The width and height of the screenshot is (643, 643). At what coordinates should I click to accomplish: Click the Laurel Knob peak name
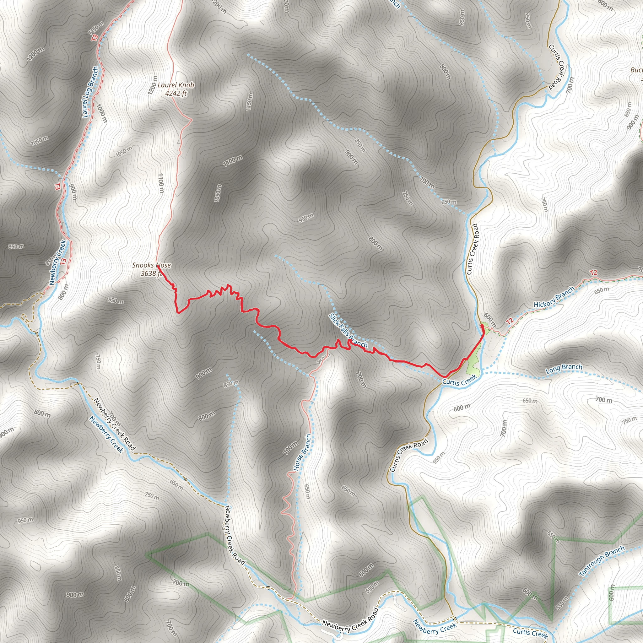point(176,85)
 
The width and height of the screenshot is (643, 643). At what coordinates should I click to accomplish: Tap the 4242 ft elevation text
point(176,93)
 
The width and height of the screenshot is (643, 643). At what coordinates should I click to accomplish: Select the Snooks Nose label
point(151,265)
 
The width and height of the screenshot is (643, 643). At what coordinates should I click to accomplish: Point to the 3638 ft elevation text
point(151,273)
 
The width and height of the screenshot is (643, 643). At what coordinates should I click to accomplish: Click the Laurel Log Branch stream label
point(90,92)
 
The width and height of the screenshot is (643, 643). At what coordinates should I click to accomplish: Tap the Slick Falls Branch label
point(348,331)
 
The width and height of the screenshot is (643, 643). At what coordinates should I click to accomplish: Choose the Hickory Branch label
point(554,297)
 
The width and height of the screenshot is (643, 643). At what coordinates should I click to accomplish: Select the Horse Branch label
point(302,453)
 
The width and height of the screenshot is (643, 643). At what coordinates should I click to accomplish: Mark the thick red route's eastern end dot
point(482,326)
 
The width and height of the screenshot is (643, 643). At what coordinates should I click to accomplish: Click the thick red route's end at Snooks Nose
point(157,266)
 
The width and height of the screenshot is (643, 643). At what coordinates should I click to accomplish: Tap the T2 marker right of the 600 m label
point(509,321)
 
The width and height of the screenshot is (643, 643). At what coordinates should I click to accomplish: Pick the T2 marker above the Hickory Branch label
point(593,273)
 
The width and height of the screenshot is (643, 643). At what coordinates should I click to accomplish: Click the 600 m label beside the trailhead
point(490,320)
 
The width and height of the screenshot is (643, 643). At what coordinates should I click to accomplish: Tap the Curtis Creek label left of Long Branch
point(459,381)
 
